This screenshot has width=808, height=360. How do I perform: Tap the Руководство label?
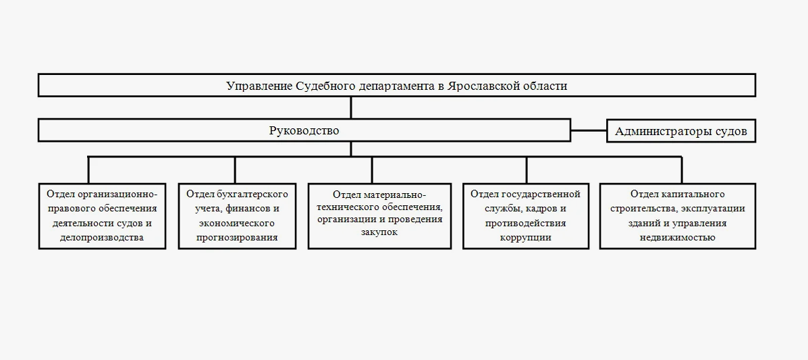[304, 130]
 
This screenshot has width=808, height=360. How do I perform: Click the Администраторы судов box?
[681, 131]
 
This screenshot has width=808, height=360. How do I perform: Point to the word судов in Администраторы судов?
[732, 131]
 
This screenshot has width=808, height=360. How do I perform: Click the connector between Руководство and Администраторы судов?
[589, 130]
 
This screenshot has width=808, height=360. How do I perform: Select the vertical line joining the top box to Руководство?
[351, 108]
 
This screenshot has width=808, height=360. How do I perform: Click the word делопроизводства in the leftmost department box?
[102, 238]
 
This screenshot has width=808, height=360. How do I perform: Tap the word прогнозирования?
[237, 238]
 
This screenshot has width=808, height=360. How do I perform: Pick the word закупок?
[379, 232]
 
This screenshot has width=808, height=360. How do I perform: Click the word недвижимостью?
[677, 238]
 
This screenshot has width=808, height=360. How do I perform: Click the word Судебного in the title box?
[325, 86]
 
